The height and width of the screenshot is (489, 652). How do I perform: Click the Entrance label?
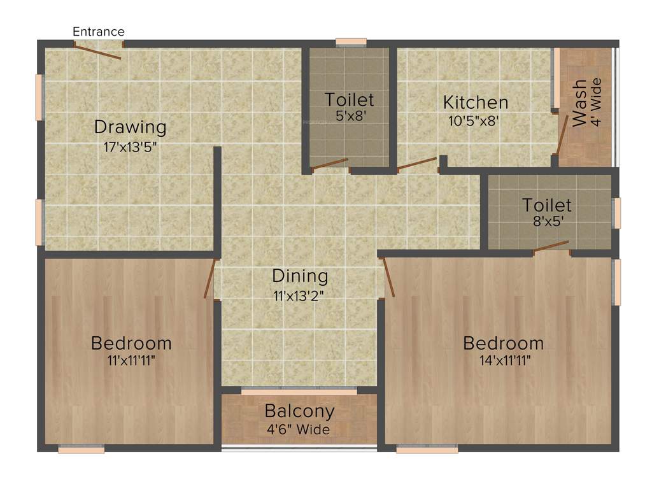click(x=99, y=31)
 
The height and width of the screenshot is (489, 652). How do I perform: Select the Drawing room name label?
click(x=130, y=127)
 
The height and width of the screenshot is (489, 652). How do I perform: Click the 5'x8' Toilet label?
click(x=349, y=100)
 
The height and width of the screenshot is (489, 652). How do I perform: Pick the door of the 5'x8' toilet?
click(x=330, y=164)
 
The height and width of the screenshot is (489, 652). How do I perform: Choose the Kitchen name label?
click(x=476, y=103)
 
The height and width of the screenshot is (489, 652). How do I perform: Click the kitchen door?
click(x=417, y=164)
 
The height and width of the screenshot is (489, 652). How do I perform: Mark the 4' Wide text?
click(x=597, y=102)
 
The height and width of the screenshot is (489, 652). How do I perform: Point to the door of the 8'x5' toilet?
click(x=551, y=246)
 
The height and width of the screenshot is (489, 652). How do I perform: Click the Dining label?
click(x=300, y=276)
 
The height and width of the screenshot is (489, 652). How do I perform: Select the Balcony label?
click(x=299, y=411)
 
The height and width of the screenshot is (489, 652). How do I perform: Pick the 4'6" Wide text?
click(x=299, y=430)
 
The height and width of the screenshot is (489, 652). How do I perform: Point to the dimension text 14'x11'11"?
click(x=503, y=360)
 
